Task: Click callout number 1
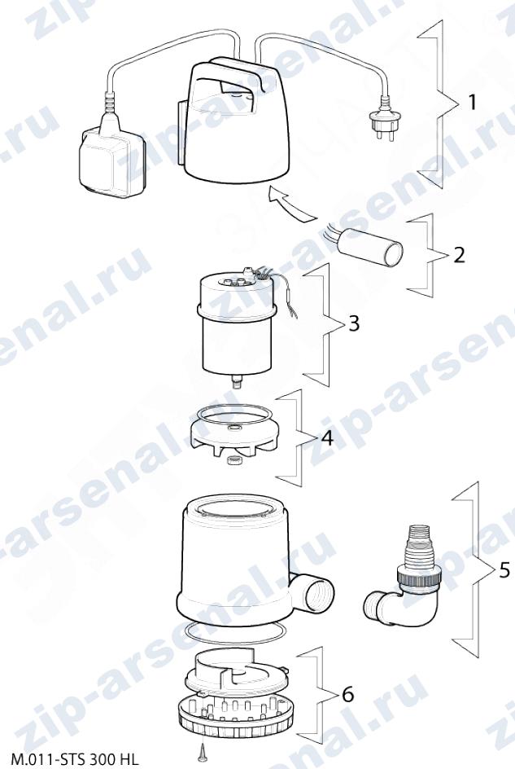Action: [471, 103]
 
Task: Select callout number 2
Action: [459, 255]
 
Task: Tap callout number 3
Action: [353, 323]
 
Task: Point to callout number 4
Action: [326, 438]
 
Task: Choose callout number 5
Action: [504, 570]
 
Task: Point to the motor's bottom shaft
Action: [238, 380]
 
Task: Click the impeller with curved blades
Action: [230, 432]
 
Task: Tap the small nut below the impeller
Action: [231, 462]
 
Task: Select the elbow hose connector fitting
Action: [403, 572]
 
